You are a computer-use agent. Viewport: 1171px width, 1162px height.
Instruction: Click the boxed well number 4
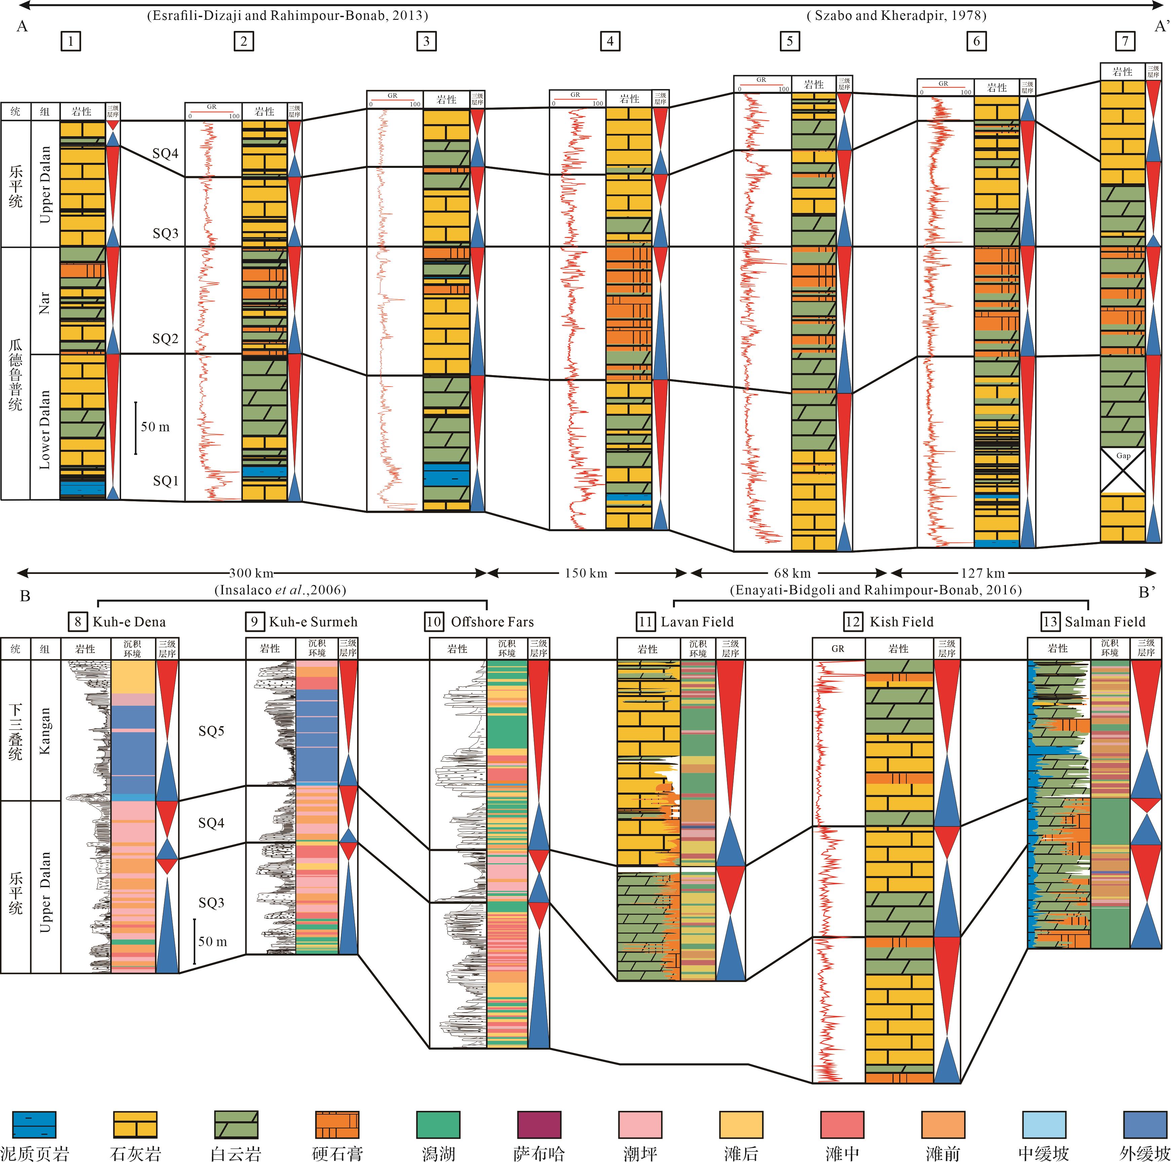[610, 41]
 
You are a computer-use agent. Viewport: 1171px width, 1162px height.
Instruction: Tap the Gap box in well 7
[1123, 470]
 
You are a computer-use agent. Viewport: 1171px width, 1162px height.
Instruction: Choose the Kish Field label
[901, 622]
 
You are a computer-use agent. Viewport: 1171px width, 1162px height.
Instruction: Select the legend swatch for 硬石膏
[337, 1124]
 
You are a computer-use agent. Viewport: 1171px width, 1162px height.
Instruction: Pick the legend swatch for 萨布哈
[539, 1124]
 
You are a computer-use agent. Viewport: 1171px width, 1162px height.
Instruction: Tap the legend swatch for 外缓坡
[1145, 1124]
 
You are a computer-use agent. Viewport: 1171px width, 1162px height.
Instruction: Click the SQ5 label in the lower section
[211, 731]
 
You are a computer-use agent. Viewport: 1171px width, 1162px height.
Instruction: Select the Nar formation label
[45, 301]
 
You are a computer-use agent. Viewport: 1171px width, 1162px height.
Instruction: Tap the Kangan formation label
[45, 731]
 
